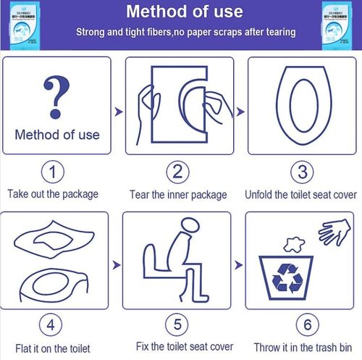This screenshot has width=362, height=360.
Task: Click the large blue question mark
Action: coord(57,96)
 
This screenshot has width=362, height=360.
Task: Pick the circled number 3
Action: coord(301,172)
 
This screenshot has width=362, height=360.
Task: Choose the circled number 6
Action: coord(301,323)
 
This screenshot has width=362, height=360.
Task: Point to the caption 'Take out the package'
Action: coord(53,194)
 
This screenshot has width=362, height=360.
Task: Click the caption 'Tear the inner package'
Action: coord(178,194)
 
